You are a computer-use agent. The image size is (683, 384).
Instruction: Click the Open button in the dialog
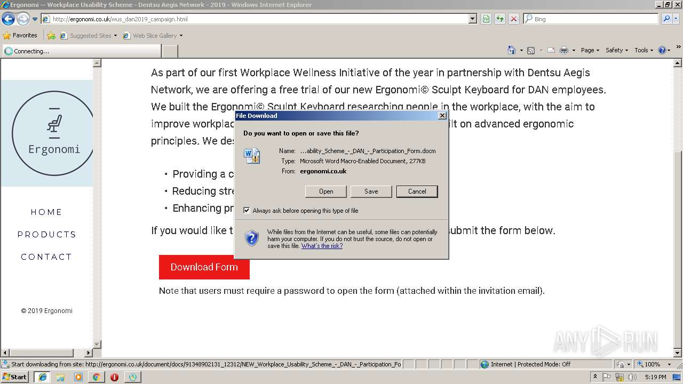click(325, 191)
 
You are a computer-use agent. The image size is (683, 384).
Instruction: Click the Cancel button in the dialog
click(417, 191)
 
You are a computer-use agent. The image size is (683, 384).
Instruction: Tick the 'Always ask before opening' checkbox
click(247, 211)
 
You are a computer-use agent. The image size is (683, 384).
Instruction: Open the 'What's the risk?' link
click(322, 246)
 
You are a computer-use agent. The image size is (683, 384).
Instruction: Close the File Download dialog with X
click(442, 116)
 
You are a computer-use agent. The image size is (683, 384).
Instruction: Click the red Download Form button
click(204, 267)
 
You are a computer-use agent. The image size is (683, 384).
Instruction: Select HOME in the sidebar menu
click(46, 212)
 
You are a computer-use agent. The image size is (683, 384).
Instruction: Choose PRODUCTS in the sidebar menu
click(46, 235)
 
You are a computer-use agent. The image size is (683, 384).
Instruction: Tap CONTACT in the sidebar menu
click(46, 257)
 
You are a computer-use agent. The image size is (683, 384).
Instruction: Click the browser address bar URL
click(256, 19)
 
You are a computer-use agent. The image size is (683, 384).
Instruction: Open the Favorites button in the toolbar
click(20, 36)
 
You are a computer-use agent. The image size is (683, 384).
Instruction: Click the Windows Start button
click(14, 377)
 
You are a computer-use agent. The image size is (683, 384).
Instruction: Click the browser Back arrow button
click(8, 19)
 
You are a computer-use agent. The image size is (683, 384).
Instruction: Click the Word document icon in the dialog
click(251, 156)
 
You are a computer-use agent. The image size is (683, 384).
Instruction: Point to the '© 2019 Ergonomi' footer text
click(47, 311)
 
